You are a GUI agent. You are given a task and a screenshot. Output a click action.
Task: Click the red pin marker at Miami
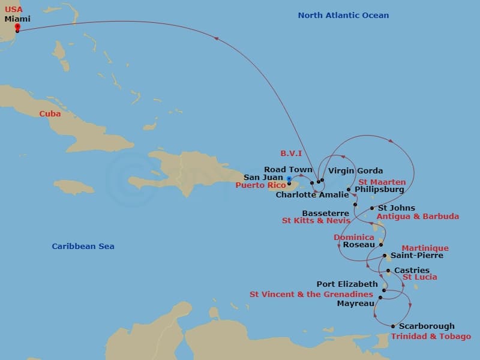(x=17, y=26)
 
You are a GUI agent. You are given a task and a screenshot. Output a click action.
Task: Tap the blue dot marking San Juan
(x=289, y=179)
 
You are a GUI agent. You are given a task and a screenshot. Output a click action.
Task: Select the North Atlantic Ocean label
(x=343, y=16)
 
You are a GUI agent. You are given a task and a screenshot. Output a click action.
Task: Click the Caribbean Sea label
(x=83, y=247)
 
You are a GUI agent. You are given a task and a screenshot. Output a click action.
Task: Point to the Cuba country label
(x=50, y=113)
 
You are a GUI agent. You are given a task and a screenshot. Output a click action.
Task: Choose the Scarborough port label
(x=427, y=326)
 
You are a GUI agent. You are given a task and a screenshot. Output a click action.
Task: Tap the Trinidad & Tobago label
(x=431, y=337)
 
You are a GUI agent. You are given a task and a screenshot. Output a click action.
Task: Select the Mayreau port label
(x=356, y=304)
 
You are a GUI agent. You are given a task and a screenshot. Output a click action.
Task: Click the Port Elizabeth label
(x=347, y=284)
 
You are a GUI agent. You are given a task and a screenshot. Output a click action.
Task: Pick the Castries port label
(x=412, y=271)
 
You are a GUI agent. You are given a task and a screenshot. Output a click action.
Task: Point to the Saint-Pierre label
(x=417, y=255)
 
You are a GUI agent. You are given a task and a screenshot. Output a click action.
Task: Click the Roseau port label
(x=359, y=245)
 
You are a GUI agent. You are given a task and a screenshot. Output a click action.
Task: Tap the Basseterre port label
(x=325, y=213)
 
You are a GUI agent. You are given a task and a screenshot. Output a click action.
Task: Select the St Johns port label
(x=396, y=208)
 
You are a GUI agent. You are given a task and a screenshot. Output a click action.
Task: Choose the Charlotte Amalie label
(x=312, y=195)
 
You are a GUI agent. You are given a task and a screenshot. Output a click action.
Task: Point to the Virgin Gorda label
(x=355, y=171)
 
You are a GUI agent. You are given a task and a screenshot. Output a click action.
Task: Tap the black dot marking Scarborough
(x=393, y=326)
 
